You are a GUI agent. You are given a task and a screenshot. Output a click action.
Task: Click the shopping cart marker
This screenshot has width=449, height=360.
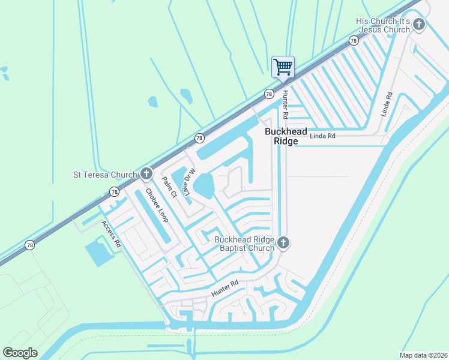[x=283, y=67]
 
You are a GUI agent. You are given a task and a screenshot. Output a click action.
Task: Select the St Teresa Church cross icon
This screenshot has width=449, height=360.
[x=146, y=175]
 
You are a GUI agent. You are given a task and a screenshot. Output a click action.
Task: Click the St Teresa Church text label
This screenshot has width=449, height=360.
[x=104, y=175]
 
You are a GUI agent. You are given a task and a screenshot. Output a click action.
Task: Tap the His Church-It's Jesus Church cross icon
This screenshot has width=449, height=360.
[x=419, y=25]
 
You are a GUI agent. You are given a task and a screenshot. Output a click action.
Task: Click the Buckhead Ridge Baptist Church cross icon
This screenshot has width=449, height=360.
[x=283, y=243]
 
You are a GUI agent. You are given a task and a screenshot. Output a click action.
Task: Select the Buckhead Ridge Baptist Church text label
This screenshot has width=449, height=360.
[x=244, y=244]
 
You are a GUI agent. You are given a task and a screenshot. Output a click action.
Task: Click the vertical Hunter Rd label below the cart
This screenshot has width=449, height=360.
[x=286, y=104]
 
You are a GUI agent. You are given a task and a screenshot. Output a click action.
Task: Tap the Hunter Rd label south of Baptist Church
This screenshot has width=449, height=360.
[x=225, y=289]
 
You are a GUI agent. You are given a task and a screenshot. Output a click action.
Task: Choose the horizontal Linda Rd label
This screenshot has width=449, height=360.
[x=322, y=136]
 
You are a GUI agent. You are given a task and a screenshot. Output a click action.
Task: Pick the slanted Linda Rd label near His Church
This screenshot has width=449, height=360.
[x=385, y=104]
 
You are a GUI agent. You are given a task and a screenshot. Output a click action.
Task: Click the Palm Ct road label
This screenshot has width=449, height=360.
[x=169, y=187]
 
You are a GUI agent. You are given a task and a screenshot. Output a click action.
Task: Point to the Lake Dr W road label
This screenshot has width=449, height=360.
[x=189, y=181]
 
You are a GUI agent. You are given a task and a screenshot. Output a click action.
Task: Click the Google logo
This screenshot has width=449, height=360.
[x=20, y=353]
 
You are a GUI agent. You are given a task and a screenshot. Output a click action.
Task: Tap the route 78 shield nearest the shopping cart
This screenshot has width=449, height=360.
[x=269, y=94]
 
